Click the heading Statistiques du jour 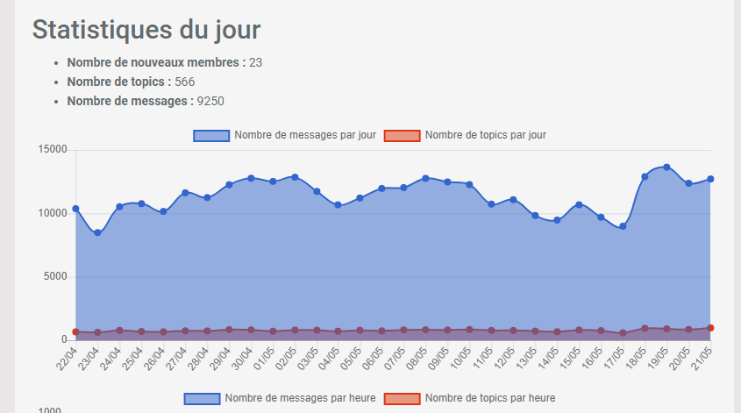146,29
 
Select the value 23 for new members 256,62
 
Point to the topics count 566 184,82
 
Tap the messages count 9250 210,101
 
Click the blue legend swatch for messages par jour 210,135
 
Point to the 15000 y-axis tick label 53,150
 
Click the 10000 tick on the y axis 53,213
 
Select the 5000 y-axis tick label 56,277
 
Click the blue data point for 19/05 666,167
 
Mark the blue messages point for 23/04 97,232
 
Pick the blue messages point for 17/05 623,226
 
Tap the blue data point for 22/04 75,209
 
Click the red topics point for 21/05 710,328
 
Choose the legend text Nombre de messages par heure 300,398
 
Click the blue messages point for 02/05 295,177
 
